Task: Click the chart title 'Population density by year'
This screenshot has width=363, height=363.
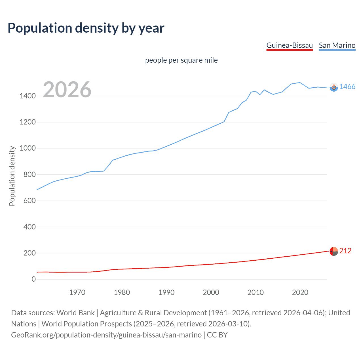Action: click(x=86, y=28)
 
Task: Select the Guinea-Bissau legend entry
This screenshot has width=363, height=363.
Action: click(x=290, y=45)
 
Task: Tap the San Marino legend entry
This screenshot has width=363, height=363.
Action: click(x=337, y=45)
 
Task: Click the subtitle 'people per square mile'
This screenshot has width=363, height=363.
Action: click(x=181, y=60)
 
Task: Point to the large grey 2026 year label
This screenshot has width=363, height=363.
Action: click(x=67, y=90)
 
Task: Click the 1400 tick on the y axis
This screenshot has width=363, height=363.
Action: click(x=28, y=96)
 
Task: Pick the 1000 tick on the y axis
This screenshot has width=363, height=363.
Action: click(x=28, y=148)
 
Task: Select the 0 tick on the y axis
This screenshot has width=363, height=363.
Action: click(x=34, y=279)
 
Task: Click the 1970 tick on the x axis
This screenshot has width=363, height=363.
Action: click(x=77, y=292)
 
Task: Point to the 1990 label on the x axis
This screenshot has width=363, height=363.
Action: click(x=166, y=292)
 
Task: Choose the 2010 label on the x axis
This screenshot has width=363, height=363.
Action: click(x=256, y=292)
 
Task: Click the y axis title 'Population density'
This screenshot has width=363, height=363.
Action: click(x=12, y=176)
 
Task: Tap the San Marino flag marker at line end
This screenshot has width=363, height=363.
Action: click(x=334, y=87)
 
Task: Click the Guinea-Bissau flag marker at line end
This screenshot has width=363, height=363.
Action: click(x=334, y=251)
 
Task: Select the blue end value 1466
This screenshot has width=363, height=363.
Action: click(x=347, y=87)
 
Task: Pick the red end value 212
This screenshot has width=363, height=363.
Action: click(x=345, y=251)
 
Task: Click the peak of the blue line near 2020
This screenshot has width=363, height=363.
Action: click(x=300, y=83)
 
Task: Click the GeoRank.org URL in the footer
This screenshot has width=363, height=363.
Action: click(x=106, y=335)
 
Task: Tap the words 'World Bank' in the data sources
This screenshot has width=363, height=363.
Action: click(x=75, y=313)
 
